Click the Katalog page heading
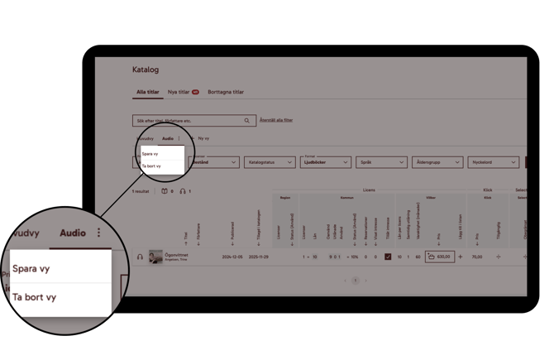pyautogui.click(x=145, y=70)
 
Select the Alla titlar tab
pyautogui.click(x=147, y=92)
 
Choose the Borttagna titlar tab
pyautogui.click(x=226, y=92)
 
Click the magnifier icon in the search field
pyautogui.click(x=246, y=121)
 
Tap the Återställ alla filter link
pyautogui.click(x=276, y=120)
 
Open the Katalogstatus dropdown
pyautogui.click(x=269, y=162)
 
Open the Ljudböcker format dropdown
pyautogui.click(x=325, y=162)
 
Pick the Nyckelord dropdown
pyautogui.click(x=492, y=162)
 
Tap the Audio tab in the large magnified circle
pyautogui.click(x=73, y=233)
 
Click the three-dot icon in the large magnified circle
pyautogui.click(x=99, y=233)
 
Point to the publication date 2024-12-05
pyautogui.click(x=232, y=257)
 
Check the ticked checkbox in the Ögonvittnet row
pyautogui.click(x=387, y=257)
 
